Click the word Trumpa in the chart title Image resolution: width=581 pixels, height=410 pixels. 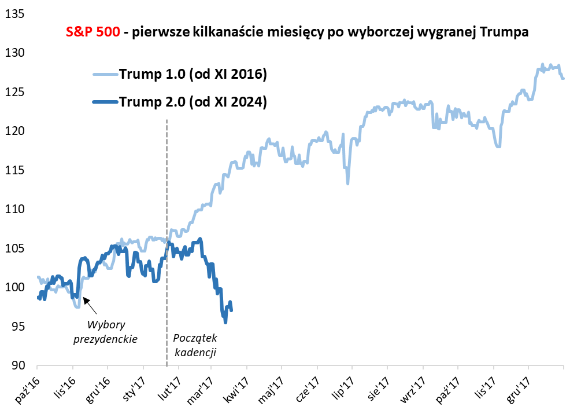coord(505,32)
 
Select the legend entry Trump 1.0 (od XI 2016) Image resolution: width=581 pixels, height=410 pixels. coord(192,74)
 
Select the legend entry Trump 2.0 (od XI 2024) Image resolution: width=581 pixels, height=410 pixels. coord(192,101)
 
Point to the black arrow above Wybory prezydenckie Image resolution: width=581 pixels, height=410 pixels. coord(87,302)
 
